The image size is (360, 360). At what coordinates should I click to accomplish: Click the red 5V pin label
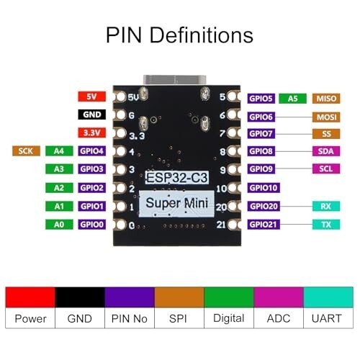point(91,96)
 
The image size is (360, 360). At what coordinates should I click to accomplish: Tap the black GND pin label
point(91,114)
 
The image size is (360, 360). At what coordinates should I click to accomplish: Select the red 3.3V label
point(91,132)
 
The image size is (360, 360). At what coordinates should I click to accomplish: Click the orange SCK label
point(26,151)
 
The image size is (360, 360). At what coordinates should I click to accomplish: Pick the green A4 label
point(59,151)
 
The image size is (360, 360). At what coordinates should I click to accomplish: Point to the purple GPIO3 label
point(91,169)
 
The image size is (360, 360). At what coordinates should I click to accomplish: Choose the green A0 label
point(59,225)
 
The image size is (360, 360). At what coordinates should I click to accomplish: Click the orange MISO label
point(326,99)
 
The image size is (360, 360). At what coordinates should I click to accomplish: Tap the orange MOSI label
point(326,117)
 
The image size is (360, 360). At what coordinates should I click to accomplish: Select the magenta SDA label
point(326,151)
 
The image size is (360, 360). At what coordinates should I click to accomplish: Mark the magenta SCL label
point(326,168)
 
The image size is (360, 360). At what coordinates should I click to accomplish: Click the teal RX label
point(326,206)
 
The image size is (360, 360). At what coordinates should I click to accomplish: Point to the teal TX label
point(326,225)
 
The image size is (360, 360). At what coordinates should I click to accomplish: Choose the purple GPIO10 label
point(264,188)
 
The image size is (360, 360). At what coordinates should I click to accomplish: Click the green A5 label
point(292,99)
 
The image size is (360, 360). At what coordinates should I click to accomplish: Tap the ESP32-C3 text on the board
point(176,178)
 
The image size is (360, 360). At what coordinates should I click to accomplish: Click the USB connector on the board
point(175,80)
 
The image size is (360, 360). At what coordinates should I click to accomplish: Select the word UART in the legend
point(327,318)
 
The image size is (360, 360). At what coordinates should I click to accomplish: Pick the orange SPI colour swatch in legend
point(179,297)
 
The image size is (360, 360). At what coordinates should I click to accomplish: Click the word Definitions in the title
point(202,35)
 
